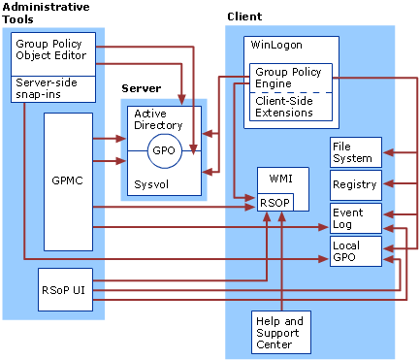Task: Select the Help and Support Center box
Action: tap(279, 332)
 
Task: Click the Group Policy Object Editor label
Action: tap(53, 49)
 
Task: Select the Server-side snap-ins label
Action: tap(53, 88)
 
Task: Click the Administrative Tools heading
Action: tap(48, 13)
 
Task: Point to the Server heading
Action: tap(141, 88)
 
